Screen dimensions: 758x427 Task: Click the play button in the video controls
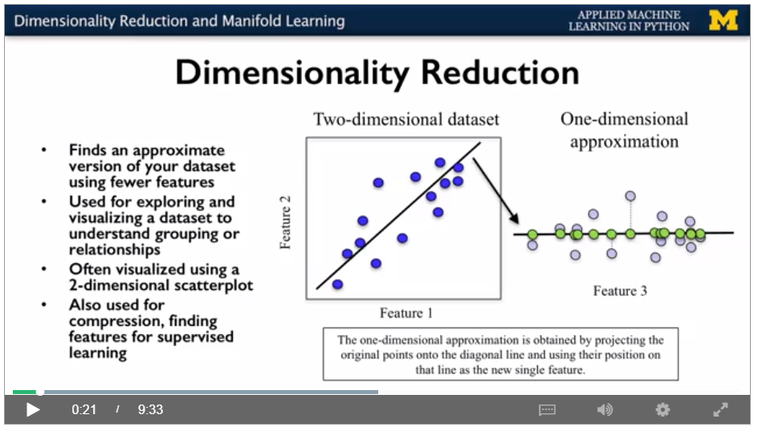pyautogui.click(x=32, y=409)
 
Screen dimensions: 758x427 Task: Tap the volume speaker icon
pyautogui.click(x=605, y=409)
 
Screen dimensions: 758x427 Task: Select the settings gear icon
pyautogui.click(x=662, y=409)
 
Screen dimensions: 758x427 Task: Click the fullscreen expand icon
pyautogui.click(x=721, y=409)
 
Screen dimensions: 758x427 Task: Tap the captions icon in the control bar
pyautogui.click(x=547, y=410)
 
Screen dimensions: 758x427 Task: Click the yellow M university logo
pyautogui.click(x=723, y=20)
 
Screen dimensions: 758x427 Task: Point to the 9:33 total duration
pyautogui.click(x=150, y=409)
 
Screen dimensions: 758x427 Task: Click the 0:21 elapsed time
pyautogui.click(x=84, y=409)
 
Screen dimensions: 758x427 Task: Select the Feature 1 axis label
pyautogui.click(x=406, y=313)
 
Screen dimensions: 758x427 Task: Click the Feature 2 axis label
pyautogui.click(x=285, y=222)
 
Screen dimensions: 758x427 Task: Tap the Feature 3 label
pyautogui.click(x=620, y=291)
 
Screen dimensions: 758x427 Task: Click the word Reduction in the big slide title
pyautogui.click(x=500, y=72)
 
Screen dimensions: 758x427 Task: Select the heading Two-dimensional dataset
pyautogui.click(x=406, y=119)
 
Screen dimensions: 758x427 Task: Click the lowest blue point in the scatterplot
pyautogui.click(x=337, y=284)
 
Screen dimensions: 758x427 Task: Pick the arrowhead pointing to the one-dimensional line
pyautogui.click(x=516, y=218)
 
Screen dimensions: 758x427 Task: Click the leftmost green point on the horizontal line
pyautogui.click(x=532, y=234)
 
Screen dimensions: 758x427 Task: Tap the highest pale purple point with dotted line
pyautogui.click(x=630, y=196)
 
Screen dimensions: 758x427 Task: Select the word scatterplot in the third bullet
pyautogui.click(x=214, y=286)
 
